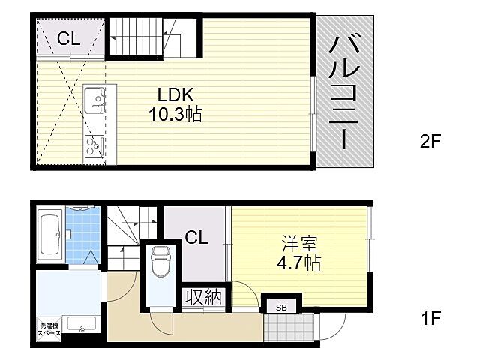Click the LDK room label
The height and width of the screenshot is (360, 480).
click(x=175, y=95)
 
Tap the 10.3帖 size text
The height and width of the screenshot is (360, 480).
click(x=175, y=115)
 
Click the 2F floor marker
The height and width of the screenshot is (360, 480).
click(x=429, y=142)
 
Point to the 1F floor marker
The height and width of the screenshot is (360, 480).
click(x=429, y=318)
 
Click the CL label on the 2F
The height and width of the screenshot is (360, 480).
click(x=68, y=39)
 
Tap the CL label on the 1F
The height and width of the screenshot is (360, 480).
click(x=196, y=238)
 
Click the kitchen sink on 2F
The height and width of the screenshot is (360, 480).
click(x=95, y=98)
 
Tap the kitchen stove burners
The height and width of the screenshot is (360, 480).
click(x=95, y=145)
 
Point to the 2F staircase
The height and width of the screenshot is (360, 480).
click(x=154, y=37)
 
